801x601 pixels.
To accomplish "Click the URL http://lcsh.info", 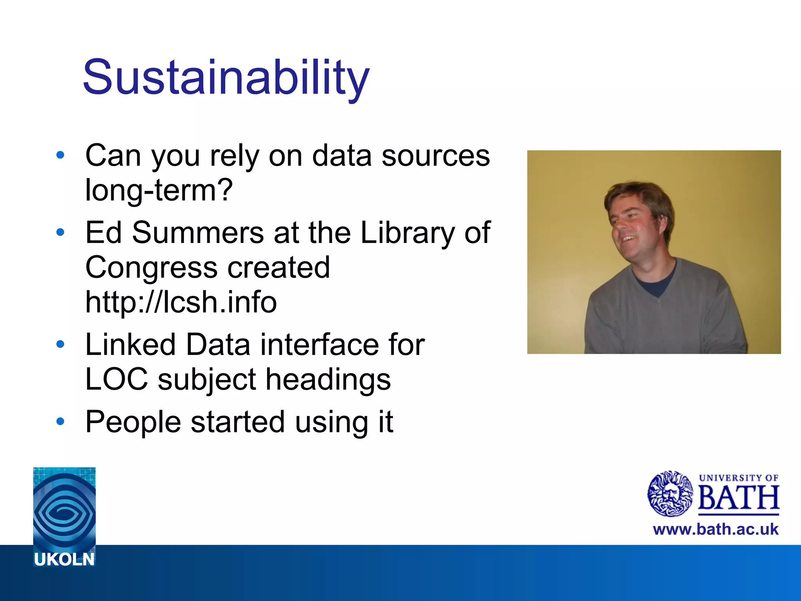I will pos(181,302).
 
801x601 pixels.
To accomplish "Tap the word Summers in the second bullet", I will pos(198,233).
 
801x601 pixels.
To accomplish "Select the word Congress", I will pos(151,268).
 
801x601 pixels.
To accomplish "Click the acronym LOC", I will pos(117,379).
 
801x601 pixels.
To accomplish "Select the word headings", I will pos(328,380).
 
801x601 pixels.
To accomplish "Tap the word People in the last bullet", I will pos(133,422).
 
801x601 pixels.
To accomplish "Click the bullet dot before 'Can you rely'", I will pos(60,155).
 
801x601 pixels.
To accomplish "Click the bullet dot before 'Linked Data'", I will pos(60,345).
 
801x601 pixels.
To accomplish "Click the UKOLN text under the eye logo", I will pos(64,560).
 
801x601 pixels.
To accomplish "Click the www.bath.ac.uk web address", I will pos(715,529).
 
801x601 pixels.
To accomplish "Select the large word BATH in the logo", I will pos(738,498).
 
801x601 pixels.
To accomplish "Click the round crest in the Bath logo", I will pos(670,494).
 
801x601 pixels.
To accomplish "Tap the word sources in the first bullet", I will pos(435,156).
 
